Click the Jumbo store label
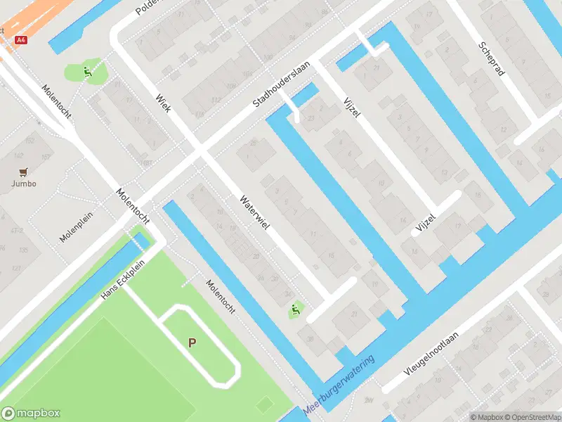(23, 184)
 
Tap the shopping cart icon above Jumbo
(23, 172)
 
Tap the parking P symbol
(191, 343)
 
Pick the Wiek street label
(163, 103)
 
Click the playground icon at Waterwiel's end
(294, 309)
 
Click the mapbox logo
(32, 414)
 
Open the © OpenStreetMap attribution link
(533, 417)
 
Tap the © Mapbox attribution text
(487, 417)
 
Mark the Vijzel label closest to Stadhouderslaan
(349, 107)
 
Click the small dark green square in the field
(264, 404)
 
